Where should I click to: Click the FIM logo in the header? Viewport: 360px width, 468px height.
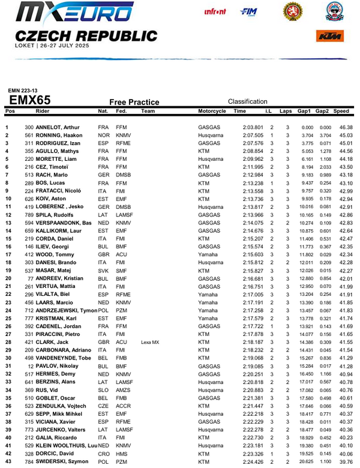pyautogui.click(x=248, y=11)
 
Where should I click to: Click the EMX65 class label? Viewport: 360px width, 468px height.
pyautogui.click(x=34, y=100)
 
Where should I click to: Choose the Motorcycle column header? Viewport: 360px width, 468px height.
pyautogui.click(x=212, y=112)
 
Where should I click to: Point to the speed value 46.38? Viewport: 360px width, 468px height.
pyautogui.click(x=345, y=128)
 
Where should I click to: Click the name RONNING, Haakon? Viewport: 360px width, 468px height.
pyautogui.click(x=59, y=136)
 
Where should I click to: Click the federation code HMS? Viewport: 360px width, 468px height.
pyautogui.click(x=121, y=454)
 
